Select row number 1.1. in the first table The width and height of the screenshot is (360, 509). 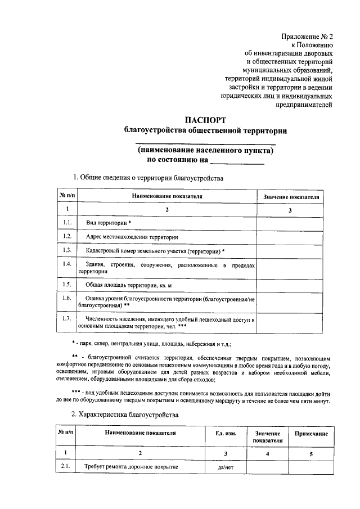(67, 223)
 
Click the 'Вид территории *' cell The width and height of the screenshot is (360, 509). (108, 223)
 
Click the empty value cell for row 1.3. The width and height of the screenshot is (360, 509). (290, 250)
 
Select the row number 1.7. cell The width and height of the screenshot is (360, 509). (67, 319)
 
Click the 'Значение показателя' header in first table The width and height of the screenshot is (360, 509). (290, 197)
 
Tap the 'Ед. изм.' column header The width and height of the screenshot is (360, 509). (226, 434)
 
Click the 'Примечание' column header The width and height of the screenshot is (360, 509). (308, 434)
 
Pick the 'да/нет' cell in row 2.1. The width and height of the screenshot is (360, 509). (226, 467)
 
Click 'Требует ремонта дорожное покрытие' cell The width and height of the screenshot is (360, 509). (131, 467)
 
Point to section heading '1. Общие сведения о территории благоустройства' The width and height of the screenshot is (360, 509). (148, 178)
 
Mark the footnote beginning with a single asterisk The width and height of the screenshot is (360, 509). (152, 343)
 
